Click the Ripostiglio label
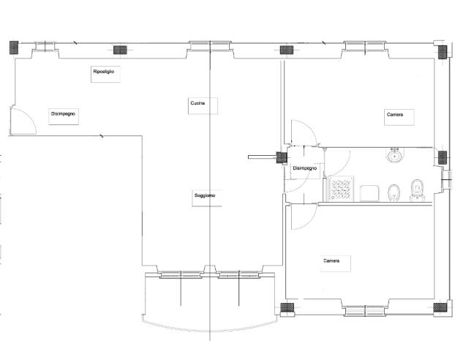click(104, 72)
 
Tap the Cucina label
click(197, 103)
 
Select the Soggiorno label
click(205, 195)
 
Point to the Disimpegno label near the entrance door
click(63, 114)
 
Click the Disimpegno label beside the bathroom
click(305, 168)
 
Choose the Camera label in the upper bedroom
click(395, 115)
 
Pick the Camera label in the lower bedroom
click(331, 261)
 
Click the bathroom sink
click(394, 155)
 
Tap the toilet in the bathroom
click(418, 191)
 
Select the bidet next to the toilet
click(394, 192)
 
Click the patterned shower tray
click(341, 189)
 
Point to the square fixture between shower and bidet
click(369, 193)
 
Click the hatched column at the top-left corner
click(14, 48)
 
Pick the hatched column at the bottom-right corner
click(440, 308)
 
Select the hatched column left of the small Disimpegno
click(282, 157)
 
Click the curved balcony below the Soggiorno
click(211, 328)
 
